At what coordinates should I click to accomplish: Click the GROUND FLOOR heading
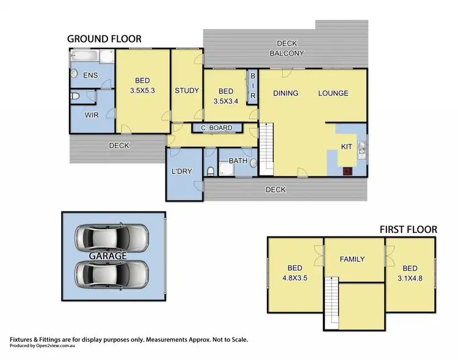click(104, 39)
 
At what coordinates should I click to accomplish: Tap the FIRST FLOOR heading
click(408, 229)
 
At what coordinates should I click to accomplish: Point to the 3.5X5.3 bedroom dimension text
click(142, 90)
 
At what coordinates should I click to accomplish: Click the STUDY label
click(186, 90)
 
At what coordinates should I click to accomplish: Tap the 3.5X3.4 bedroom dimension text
click(225, 101)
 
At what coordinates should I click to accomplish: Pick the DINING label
click(285, 94)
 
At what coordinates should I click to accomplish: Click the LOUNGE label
click(333, 94)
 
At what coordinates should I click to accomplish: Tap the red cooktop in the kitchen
click(347, 172)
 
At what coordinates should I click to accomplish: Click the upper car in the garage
click(111, 235)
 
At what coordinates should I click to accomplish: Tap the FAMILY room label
click(352, 259)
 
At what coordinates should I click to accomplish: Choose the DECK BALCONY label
click(286, 48)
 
